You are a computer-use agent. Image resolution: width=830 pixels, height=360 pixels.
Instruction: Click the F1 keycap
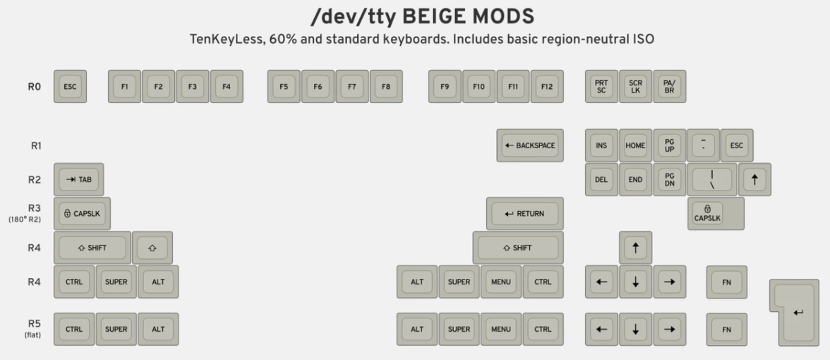click(x=124, y=86)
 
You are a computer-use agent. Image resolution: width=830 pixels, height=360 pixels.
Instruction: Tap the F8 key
click(x=386, y=86)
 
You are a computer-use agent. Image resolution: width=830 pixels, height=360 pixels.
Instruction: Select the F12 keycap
click(x=547, y=86)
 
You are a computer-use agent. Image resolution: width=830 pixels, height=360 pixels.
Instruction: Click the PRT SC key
click(x=601, y=86)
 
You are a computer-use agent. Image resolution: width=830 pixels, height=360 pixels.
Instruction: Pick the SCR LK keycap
click(x=635, y=86)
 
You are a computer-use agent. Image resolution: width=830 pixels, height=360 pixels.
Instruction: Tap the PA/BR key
click(x=670, y=86)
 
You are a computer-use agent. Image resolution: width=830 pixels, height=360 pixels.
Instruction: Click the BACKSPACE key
click(x=530, y=145)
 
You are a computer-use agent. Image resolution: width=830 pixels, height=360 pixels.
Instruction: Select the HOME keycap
click(x=635, y=145)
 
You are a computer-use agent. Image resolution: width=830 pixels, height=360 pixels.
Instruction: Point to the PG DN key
click(x=670, y=179)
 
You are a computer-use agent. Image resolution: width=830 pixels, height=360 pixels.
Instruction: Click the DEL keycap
click(x=601, y=179)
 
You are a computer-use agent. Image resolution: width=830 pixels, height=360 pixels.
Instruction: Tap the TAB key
click(x=78, y=179)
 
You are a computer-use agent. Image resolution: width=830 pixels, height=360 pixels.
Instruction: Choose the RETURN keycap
click(x=524, y=213)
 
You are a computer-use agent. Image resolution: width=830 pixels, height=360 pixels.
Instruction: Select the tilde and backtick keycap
click(x=704, y=145)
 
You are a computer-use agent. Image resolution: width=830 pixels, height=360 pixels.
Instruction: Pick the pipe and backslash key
click(x=712, y=179)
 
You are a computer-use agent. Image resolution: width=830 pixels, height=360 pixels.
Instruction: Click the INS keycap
click(x=601, y=145)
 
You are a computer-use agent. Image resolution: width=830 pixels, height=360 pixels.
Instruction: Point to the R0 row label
click(x=35, y=86)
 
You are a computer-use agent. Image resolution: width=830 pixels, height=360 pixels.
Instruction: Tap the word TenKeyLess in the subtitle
click(x=227, y=40)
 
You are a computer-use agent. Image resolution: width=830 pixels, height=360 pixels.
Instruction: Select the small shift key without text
click(x=152, y=247)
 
